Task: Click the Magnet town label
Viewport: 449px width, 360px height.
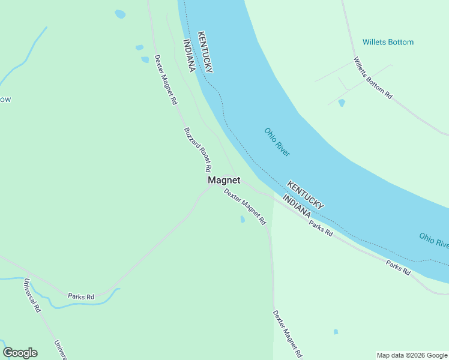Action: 224,180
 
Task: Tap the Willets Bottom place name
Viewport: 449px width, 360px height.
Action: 388,43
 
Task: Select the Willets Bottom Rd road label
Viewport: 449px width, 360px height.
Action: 373,78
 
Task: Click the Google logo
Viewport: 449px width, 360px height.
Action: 20,353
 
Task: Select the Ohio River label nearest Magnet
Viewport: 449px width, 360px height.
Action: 277,142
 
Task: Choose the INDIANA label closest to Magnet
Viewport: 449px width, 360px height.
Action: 297,206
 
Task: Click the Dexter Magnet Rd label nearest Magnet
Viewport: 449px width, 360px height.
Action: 245,207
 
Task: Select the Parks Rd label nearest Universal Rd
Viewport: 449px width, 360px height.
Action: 81,296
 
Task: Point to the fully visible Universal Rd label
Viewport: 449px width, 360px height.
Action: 32,295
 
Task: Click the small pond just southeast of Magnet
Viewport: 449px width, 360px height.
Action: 243,220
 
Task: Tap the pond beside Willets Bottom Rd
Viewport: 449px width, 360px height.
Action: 342,103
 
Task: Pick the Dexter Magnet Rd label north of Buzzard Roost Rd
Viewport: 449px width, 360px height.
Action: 165,80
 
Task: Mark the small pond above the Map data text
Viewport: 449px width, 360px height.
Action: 336,332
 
